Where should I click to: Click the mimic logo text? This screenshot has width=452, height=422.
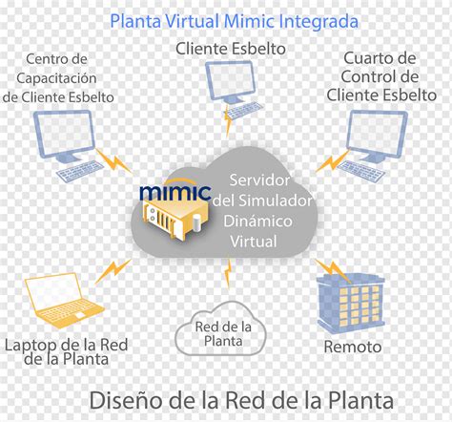[175, 191]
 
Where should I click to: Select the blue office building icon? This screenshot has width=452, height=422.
[351, 303]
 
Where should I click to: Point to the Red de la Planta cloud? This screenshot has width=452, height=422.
[221, 328]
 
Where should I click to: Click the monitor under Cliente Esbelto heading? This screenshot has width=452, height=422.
[231, 80]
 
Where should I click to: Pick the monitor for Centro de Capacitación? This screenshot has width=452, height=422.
[65, 137]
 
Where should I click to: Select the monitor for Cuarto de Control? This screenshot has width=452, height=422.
[377, 136]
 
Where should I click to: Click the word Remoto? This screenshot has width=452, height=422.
[353, 347]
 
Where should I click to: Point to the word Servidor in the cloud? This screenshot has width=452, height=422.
[259, 180]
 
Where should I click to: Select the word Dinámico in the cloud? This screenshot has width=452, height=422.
[257, 221]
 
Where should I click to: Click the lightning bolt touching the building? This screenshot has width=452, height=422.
[333, 270]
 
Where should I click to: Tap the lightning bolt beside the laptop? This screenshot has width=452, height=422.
[113, 271]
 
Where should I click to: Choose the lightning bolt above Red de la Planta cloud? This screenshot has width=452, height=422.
[228, 274]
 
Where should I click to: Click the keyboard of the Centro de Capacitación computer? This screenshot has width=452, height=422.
[80, 172]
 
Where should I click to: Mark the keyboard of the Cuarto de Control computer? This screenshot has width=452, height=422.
[360, 170]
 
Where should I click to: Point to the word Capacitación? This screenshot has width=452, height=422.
[56, 78]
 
